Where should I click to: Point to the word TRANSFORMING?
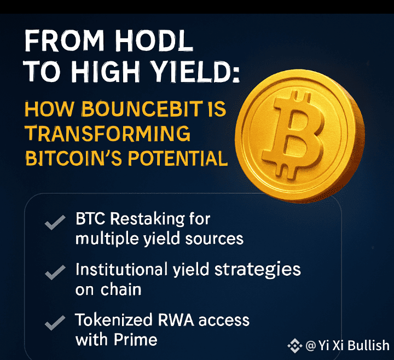point(108,133)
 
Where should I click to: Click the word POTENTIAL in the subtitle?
point(177,158)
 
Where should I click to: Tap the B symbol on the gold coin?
point(293,135)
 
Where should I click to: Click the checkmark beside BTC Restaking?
point(55,222)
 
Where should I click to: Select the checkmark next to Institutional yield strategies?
point(55,272)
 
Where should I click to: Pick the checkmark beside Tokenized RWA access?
point(55,323)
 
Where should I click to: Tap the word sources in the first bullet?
point(215,239)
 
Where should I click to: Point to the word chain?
point(121,289)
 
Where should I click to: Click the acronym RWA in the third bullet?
point(176,320)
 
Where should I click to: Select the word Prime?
point(136,340)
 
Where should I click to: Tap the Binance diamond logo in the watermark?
point(295,346)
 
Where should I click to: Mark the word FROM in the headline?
point(65,41)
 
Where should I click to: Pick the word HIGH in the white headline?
point(105,72)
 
